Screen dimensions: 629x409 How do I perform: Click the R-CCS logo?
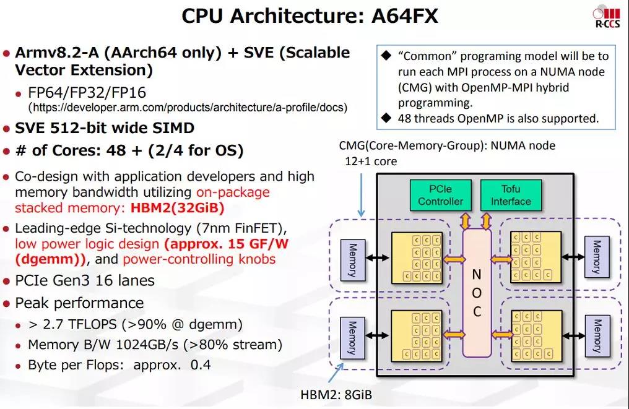pyautogui.click(x=607, y=17)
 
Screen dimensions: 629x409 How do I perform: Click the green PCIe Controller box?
pyautogui.click(x=440, y=195)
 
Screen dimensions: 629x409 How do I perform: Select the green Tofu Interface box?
pyautogui.click(x=511, y=195)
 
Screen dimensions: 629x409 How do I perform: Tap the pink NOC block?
pyautogui.click(x=477, y=293)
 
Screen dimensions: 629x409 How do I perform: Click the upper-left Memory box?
pyautogui.click(x=353, y=260)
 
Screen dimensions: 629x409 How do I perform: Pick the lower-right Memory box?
pyautogui.click(x=597, y=336)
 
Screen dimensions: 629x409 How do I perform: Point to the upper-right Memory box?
pyautogui.click(x=597, y=257)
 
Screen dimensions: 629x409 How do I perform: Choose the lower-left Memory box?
pyautogui.click(x=352, y=338)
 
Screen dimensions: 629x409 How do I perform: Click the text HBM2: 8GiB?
pyautogui.click(x=336, y=395)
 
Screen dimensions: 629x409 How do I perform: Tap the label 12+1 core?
pyautogui.click(x=371, y=161)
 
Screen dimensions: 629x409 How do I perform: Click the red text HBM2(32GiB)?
pyautogui.click(x=177, y=208)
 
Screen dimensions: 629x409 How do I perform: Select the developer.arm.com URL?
pyautogui.click(x=188, y=108)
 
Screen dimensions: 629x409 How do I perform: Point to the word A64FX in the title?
pyautogui.click(x=405, y=17)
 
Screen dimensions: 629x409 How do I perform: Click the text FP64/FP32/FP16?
pyautogui.click(x=87, y=93)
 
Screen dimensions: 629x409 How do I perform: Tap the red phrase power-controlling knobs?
pyautogui.click(x=199, y=259)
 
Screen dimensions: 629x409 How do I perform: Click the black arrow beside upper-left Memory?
pyautogui.click(x=378, y=258)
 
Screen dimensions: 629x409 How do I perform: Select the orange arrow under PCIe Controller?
pyautogui.click(x=466, y=220)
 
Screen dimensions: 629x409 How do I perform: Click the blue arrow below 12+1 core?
pyautogui.click(x=361, y=195)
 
